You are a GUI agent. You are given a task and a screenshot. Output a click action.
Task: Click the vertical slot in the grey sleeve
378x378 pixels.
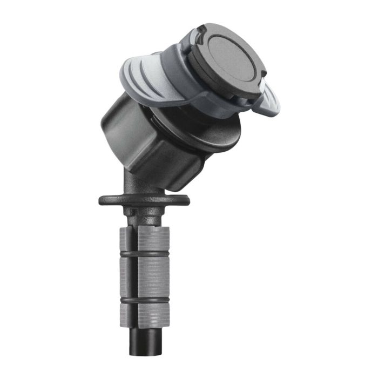134,275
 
